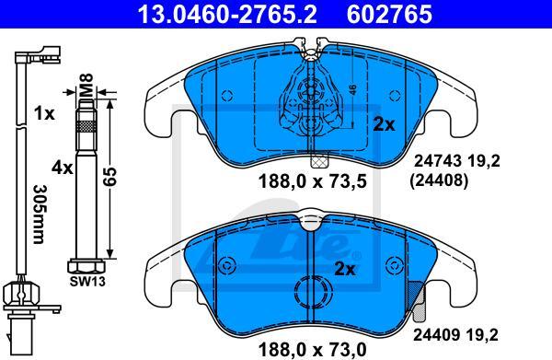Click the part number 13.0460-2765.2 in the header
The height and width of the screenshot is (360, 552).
(227, 14)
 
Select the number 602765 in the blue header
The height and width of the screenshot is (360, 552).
(389, 14)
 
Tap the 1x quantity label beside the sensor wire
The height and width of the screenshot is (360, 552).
(44, 114)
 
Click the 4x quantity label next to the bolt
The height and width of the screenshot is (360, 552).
(62, 168)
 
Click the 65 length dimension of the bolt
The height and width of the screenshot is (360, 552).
(109, 177)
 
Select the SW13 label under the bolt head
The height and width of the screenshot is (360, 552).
(87, 281)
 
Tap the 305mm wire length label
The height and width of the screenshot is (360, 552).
(39, 215)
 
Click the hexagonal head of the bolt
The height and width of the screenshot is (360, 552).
(86, 266)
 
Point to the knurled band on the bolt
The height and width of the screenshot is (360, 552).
(86, 126)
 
